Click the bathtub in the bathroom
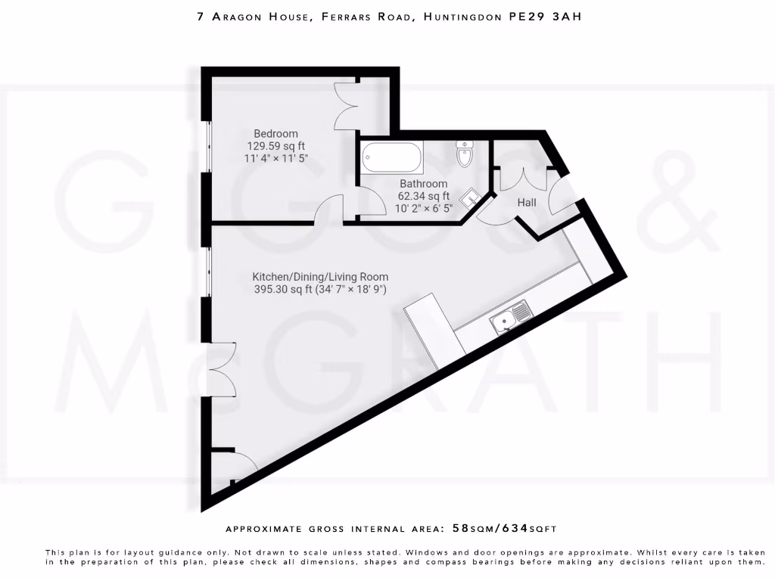pyautogui.click(x=391, y=158)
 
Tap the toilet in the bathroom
pyautogui.click(x=464, y=153)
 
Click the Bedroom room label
pyautogui.click(x=275, y=134)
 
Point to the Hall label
pyautogui.click(x=527, y=202)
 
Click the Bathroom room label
pyautogui.click(x=423, y=184)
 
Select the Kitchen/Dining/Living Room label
pyautogui.click(x=320, y=277)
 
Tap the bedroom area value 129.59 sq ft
pyautogui.click(x=275, y=146)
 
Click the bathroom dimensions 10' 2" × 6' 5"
pyautogui.click(x=425, y=208)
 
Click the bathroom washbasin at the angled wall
pyautogui.click(x=472, y=197)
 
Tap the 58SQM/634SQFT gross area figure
pyautogui.click(x=505, y=528)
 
